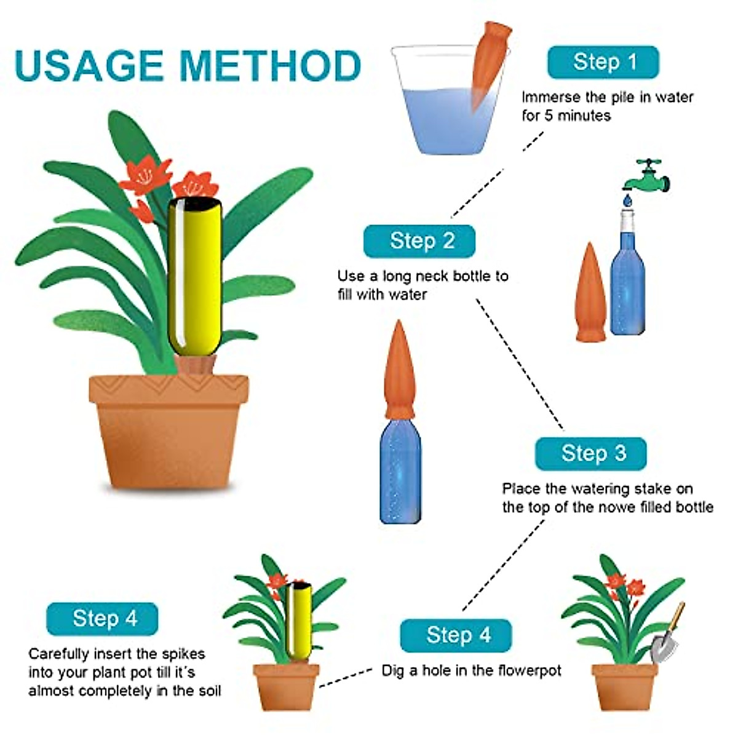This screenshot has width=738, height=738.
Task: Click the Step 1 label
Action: click(603, 62)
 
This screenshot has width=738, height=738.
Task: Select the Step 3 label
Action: click(591, 454)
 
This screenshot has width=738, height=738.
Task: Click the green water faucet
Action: click(647, 175)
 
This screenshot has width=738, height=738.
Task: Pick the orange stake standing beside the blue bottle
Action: click(591, 294)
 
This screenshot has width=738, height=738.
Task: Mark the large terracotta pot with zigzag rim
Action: click(169, 430)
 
